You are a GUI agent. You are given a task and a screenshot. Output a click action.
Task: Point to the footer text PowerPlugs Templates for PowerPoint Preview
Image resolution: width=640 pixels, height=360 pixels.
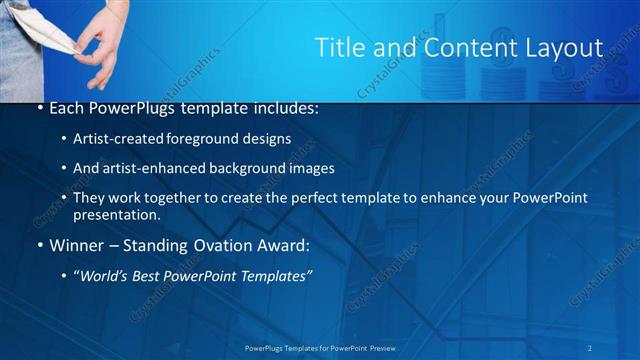320,347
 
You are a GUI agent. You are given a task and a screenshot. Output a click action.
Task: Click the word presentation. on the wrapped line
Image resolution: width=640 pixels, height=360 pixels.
117,215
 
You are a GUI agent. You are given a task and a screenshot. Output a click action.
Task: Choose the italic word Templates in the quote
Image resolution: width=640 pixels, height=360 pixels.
278,275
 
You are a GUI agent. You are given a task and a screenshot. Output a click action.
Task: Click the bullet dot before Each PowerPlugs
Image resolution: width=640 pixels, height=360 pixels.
39,107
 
